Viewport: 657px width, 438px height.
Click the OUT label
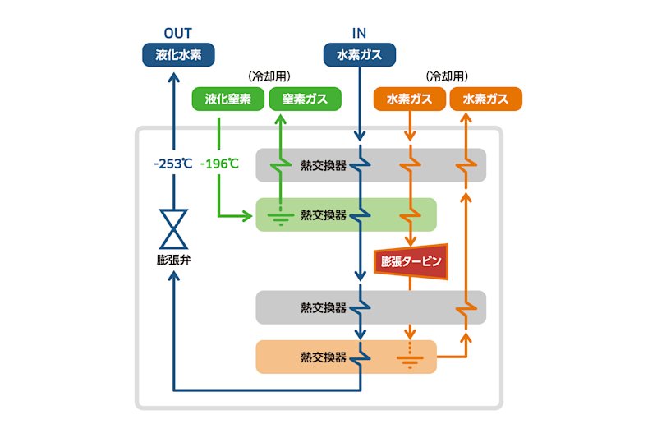point(177,33)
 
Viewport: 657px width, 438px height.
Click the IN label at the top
point(359,33)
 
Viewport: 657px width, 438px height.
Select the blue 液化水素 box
point(178,55)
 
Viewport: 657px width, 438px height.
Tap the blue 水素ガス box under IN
point(360,55)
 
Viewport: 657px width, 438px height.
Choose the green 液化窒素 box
point(228,99)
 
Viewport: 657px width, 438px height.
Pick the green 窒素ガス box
point(305,99)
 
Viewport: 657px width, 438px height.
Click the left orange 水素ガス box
point(409,99)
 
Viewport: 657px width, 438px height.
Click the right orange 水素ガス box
point(486,99)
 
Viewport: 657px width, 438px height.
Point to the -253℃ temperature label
point(173,164)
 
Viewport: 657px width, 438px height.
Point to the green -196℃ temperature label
point(219,164)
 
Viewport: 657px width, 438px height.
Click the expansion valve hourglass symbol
point(173,228)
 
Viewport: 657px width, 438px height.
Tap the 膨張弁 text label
point(173,260)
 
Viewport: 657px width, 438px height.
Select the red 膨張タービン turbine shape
point(411,261)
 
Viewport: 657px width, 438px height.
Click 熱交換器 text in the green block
point(324,215)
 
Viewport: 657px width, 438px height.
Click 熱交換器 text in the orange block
point(324,357)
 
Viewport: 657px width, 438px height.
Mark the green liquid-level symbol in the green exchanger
point(281,217)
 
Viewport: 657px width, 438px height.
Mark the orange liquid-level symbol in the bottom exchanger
point(410,358)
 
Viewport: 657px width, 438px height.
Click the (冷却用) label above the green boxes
point(269,76)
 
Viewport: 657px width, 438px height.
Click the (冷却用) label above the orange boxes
point(447,76)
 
